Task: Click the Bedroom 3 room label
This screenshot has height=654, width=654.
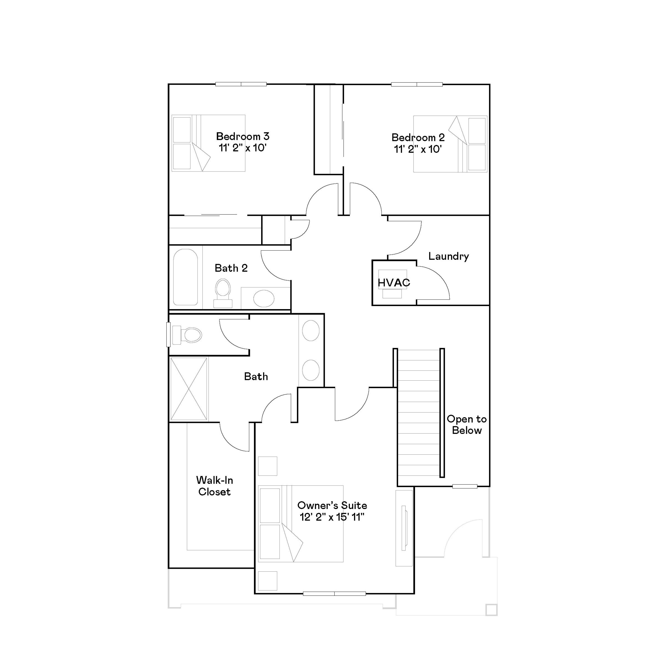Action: click(242, 136)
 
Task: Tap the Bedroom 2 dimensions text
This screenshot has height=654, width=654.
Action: click(418, 149)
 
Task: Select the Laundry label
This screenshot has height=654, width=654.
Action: click(448, 256)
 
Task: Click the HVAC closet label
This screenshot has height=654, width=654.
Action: click(394, 283)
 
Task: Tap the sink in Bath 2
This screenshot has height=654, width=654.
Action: click(264, 298)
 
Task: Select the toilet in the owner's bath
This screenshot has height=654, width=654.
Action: click(187, 335)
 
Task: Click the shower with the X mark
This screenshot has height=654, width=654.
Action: click(189, 389)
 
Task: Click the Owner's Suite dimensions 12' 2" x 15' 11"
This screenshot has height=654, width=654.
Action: click(332, 517)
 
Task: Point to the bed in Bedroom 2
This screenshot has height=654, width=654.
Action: click(450, 144)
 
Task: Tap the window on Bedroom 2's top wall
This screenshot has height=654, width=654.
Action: click(417, 84)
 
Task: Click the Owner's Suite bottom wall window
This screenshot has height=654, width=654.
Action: click(334, 593)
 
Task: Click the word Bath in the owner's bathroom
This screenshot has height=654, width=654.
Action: click(256, 376)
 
